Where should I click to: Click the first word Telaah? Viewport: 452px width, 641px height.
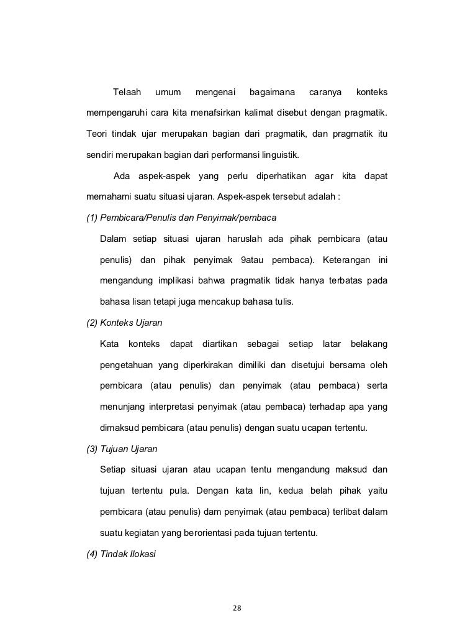(x=127, y=93)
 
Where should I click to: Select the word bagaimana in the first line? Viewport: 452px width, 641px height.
(x=272, y=93)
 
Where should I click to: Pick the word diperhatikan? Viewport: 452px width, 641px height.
(x=281, y=177)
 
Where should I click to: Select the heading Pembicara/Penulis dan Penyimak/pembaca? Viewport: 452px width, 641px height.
(x=181, y=218)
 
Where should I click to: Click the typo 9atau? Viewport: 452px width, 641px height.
(x=251, y=259)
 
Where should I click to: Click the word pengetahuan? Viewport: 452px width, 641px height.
(x=127, y=364)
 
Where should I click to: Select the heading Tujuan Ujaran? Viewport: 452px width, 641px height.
(x=124, y=449)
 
